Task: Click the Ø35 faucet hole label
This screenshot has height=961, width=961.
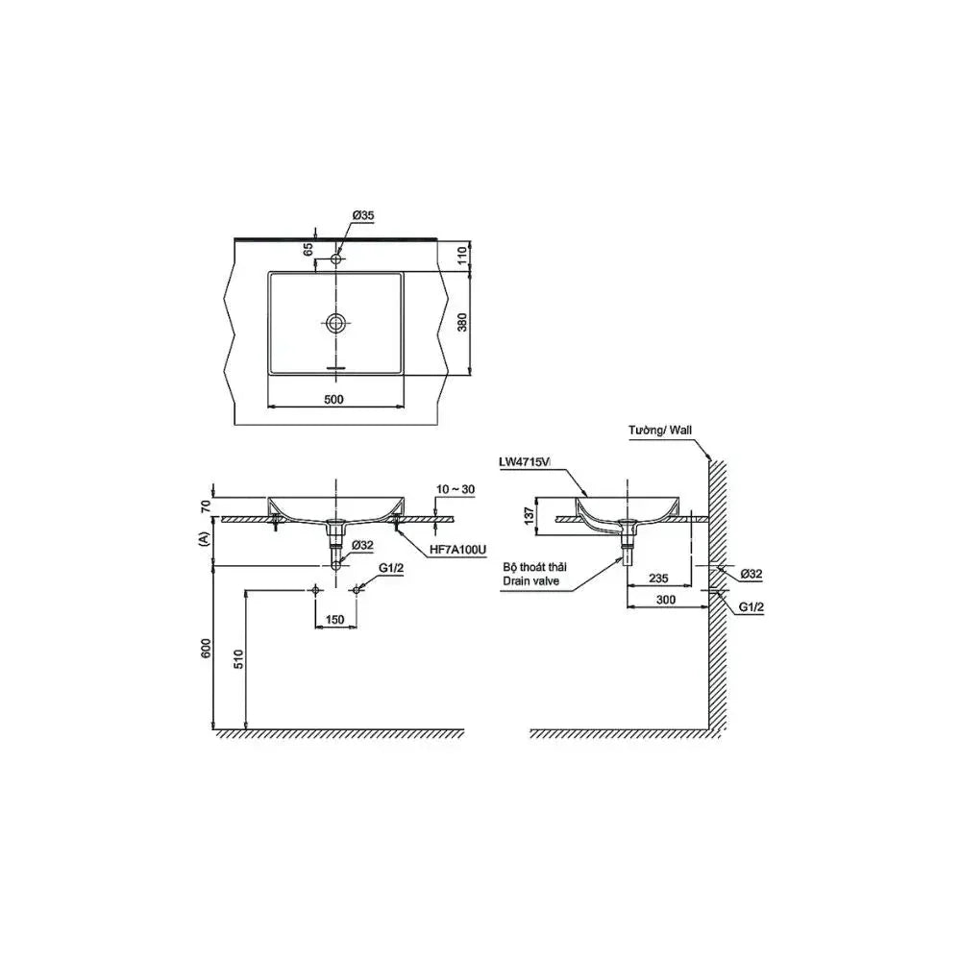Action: (362, 216)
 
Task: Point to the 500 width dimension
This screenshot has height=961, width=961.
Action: (334, 398)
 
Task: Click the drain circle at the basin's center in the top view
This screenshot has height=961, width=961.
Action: (335, 323)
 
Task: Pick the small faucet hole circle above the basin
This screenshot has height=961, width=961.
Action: (335, 259)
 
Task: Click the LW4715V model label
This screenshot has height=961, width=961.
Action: (525, 462)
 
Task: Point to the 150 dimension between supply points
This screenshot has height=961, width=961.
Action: (334, 620)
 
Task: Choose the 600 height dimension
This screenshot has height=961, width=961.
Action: (206, 651)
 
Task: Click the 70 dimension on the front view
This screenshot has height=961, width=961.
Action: (206, 505)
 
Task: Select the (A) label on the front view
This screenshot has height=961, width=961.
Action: (204, 540)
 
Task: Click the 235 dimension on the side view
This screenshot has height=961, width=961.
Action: (658, 578)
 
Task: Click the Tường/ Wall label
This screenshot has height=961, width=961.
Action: (662, 433)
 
